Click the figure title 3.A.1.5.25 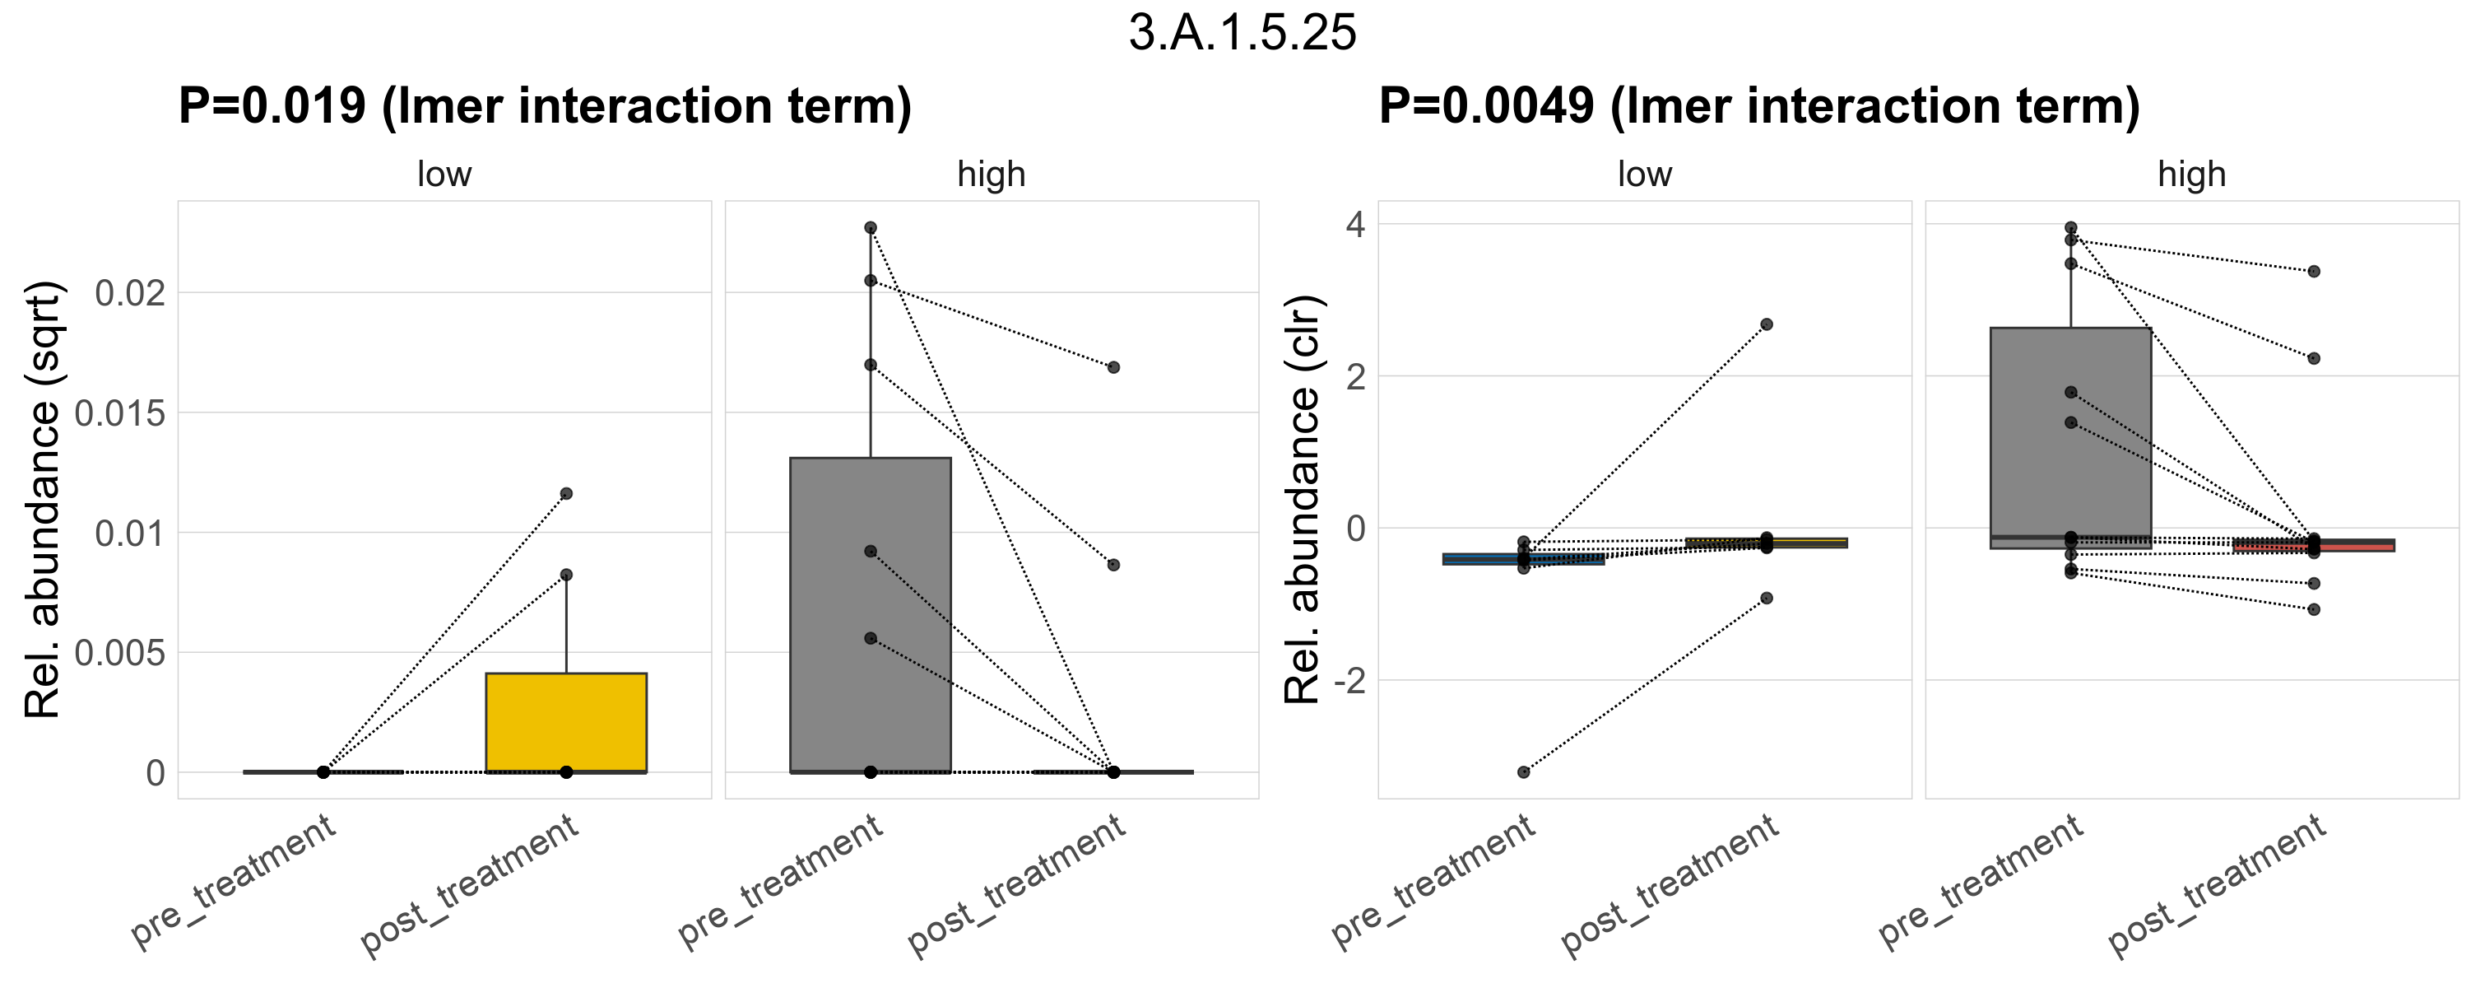1242,33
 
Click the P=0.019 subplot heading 545,106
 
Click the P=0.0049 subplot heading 1758,106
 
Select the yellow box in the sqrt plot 566,722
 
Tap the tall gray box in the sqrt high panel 870,614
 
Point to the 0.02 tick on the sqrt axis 130,292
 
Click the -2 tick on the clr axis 1349,681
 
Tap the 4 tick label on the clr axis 1356,225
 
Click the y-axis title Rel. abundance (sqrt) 43,500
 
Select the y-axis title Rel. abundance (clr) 1303,500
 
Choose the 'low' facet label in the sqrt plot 444,175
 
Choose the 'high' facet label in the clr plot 2192,175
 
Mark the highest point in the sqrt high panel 870,228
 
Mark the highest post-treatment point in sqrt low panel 566,493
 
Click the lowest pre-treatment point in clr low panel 1523,772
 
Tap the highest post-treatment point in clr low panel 1767,324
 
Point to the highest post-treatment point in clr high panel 2313,271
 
